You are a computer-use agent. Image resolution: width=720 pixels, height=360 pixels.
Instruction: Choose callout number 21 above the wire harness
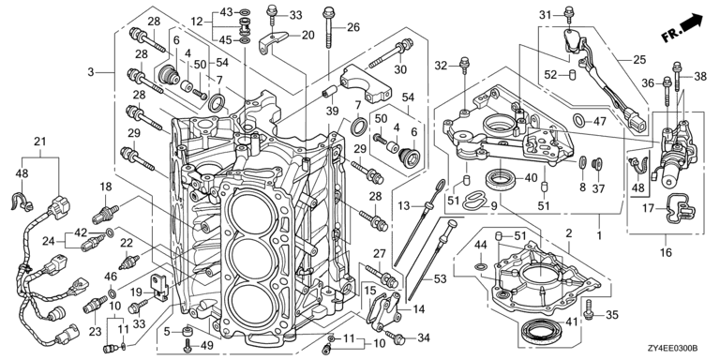tap(40, 142)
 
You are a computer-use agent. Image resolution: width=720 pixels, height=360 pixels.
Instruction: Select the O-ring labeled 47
tap(579, 121)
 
